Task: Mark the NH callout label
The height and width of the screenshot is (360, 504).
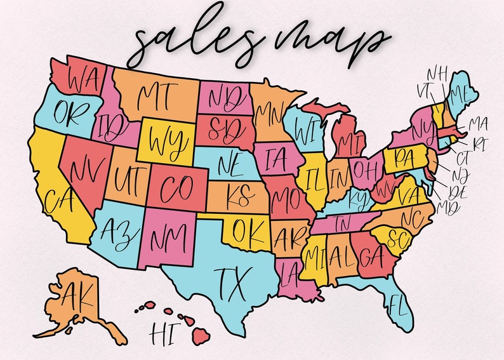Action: pyautogui.click(x=435, y=74)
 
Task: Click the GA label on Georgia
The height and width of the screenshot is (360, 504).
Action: pyautogui.click(x=369, y=258)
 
